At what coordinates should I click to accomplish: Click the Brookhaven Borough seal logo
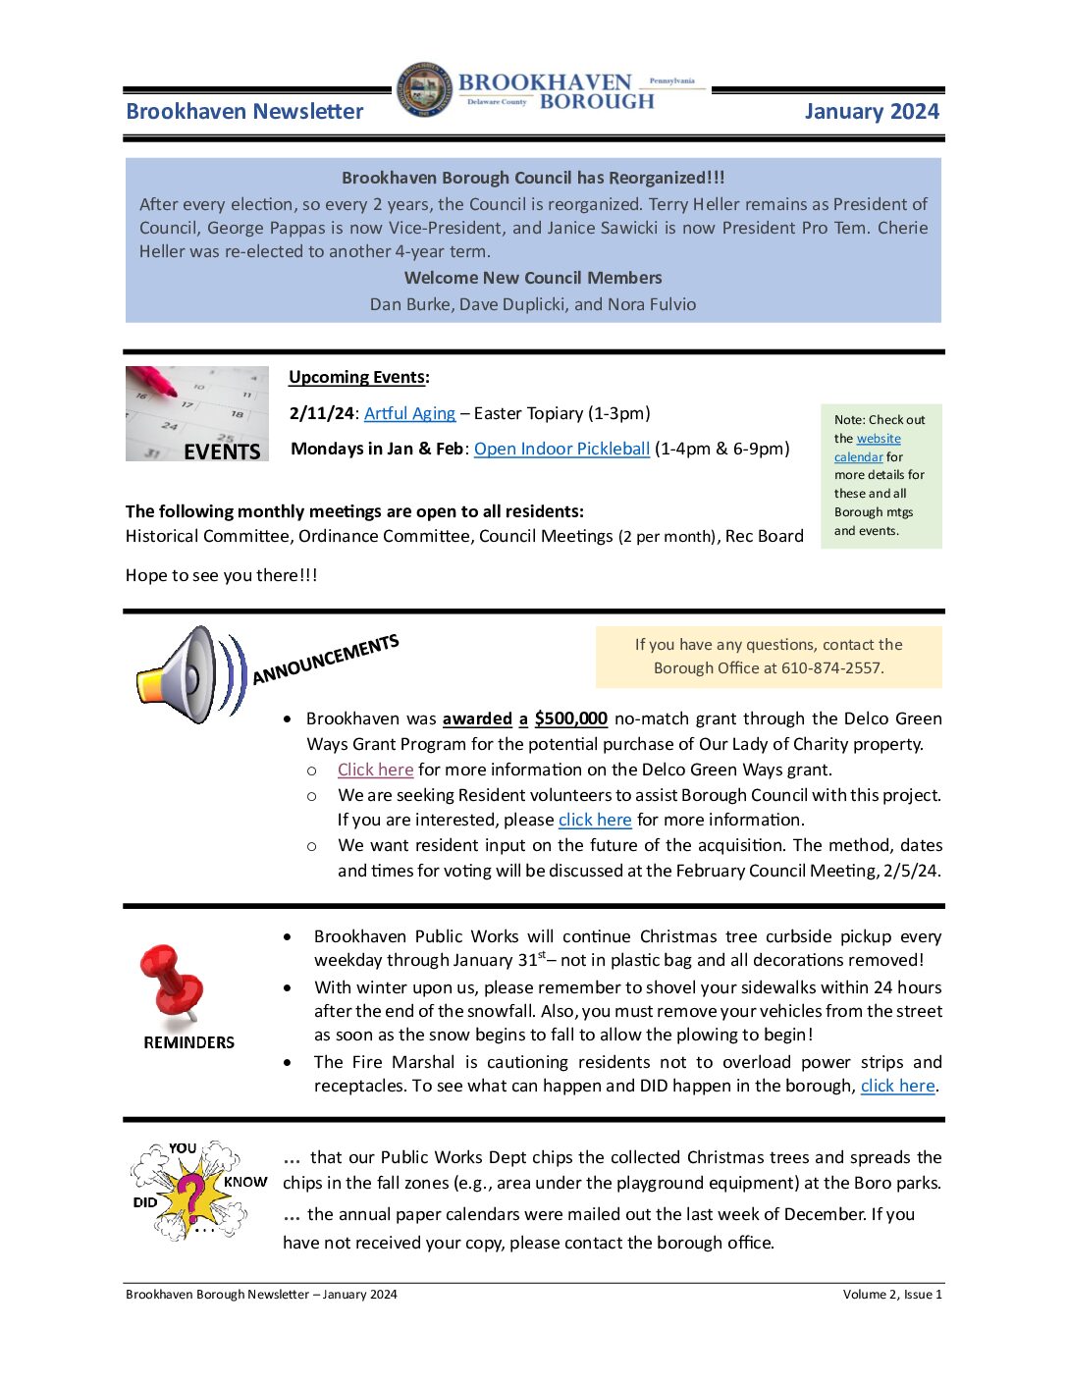425,90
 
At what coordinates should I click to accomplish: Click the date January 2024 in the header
871,112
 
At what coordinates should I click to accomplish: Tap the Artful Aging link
409,413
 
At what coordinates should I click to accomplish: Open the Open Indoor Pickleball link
561,449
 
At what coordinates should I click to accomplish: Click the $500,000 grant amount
570,718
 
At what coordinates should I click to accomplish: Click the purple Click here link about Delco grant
375,770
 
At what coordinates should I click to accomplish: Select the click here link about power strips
897,1086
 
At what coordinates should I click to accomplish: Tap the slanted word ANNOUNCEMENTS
325,660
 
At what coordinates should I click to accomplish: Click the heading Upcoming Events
358,377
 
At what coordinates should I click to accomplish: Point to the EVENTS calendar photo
196,413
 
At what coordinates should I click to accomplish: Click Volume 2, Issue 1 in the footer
891,1295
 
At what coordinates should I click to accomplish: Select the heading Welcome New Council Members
533,278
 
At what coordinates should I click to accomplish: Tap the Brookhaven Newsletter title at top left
244,112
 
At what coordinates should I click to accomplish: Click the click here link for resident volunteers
594,820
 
